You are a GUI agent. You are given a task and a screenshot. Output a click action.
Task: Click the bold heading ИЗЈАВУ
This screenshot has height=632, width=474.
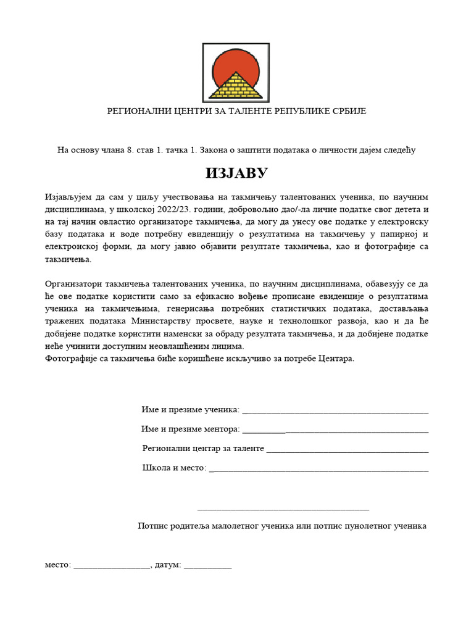pyautogui.click(x=237, y=173)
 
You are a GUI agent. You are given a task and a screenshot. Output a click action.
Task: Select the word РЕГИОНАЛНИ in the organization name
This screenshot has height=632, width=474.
pyautogui.click(x=135, y=111)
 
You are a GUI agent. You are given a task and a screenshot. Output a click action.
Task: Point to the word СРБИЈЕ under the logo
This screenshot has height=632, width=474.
pyautogui.click(x=349, y=111)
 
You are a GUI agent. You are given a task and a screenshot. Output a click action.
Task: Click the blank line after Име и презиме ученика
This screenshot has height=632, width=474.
pyautogui.click(x=336, y=410)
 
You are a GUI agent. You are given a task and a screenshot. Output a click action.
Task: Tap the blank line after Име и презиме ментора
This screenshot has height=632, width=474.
pyautogui.click(x=336, y=429)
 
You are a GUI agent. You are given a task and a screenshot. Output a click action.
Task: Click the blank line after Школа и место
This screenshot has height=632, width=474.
pyautogui.click(x=319, y=468)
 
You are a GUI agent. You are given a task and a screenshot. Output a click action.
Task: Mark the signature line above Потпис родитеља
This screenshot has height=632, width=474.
pyautogui.click(x=283, y=509)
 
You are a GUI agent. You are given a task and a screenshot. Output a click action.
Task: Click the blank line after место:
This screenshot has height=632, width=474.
pyautogui.click(x=112, y=565)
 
